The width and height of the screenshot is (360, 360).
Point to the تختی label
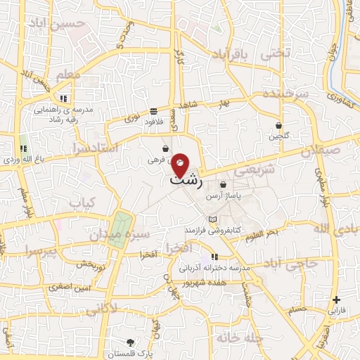coord(275,53)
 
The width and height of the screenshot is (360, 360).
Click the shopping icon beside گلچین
coord(279,125)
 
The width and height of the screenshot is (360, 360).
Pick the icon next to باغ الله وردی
coord(24,148)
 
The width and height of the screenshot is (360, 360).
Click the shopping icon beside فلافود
coord(153,111)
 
